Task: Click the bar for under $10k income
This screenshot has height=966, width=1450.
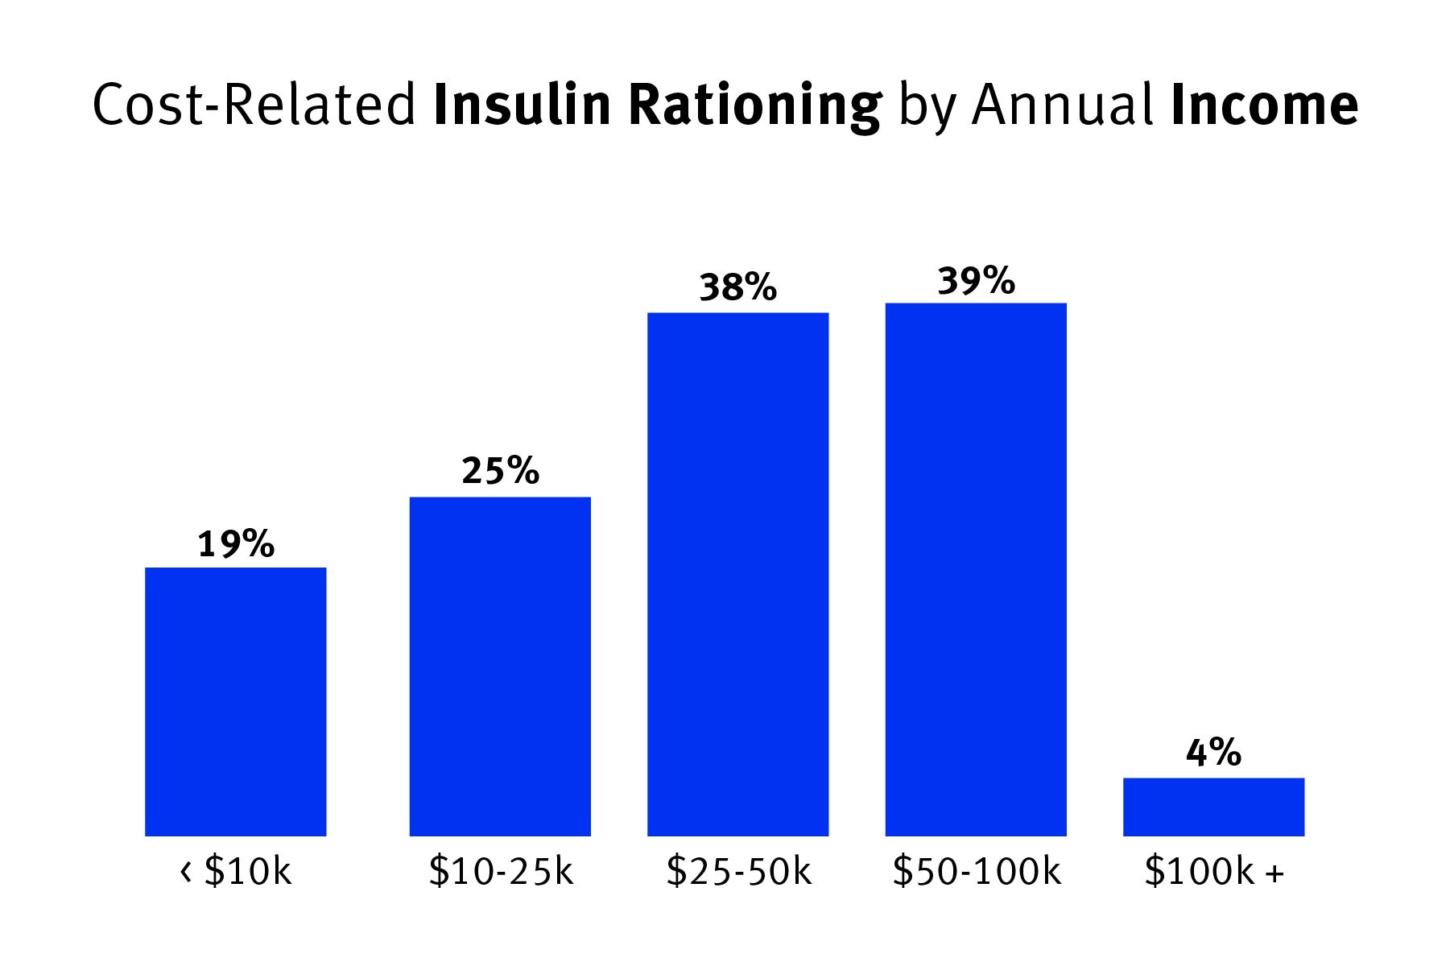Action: [x=235, y=701]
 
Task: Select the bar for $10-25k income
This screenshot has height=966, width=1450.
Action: [x=500, y=666]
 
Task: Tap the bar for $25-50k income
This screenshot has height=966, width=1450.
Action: [x=737, y=574]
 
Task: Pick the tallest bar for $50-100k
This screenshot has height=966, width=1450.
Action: [x=976, y=569]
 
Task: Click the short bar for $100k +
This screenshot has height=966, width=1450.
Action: [x=1213, y=807]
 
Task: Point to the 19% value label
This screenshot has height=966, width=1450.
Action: [x=236, y=545]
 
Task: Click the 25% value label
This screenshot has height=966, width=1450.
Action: [x=500, y=471]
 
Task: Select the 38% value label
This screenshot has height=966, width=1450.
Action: [x=737, y=287]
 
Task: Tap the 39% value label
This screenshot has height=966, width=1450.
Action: [x=976, y=281]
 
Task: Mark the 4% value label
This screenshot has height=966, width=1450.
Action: [x=1213, y=753]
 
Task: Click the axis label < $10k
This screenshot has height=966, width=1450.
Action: [x=235, y=871]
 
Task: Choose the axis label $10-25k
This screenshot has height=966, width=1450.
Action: [x=501, y=871]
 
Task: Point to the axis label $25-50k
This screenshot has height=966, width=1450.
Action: [x=738, y=871]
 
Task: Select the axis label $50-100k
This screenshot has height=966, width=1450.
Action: [x=976, y=871]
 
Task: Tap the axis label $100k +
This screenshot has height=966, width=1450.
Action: [x=1213, y=871]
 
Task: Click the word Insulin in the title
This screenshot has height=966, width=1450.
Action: [x=522, y=105]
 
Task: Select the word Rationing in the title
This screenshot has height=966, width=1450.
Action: [x=754, y=106]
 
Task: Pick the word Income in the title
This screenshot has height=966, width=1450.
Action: [x=1264, y=105]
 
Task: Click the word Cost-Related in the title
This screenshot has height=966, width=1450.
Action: [x=254, y=105]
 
